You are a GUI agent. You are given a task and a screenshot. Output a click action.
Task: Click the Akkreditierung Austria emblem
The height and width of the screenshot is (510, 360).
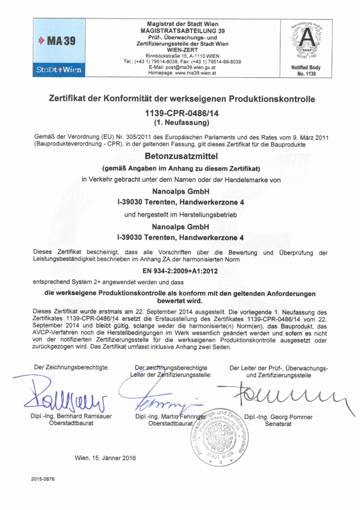pos(305,42)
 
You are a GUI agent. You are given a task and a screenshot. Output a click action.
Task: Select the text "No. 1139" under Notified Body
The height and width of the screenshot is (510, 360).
pos(305,74)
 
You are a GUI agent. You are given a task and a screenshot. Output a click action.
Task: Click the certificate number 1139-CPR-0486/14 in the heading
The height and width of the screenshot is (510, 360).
pos(182,113)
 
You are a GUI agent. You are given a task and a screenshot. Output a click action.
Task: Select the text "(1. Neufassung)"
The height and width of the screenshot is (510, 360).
pos(182,122)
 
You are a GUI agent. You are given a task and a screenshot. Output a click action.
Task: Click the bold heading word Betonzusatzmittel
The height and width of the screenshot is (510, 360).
pos(182,156)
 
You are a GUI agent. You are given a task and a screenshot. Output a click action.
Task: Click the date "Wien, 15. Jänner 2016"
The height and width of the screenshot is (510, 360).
pos(105,458)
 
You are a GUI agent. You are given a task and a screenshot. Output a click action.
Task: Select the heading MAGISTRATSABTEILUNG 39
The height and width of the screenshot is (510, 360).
pos(182,31)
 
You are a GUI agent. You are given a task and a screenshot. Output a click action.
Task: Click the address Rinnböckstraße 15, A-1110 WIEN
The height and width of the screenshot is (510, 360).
pos(182,55)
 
